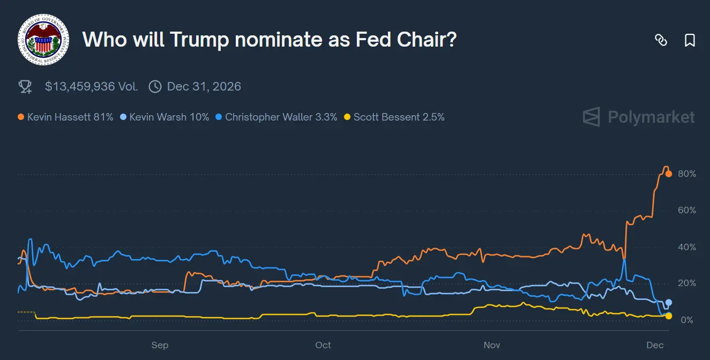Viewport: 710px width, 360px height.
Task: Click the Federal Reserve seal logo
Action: click(43, 39)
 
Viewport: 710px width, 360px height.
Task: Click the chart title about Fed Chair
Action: click(269, 40)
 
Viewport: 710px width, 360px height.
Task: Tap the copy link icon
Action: click(661, 40)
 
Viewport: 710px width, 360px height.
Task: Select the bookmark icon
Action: click(690, 40)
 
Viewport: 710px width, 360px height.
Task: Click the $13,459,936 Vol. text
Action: click(91, 86)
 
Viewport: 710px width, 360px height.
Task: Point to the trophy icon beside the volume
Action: click(25, 87)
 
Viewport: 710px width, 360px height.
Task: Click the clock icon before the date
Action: click(155, 86)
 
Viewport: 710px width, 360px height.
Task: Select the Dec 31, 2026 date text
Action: click(204, 86)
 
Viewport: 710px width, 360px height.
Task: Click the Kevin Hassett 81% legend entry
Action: click(65, 117)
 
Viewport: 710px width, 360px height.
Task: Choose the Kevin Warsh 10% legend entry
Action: click(165, 117)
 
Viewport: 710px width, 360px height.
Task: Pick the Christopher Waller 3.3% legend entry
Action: click(276, 117)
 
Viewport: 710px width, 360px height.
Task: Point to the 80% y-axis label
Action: click(686, 174)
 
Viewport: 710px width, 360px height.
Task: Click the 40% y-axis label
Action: click(686, 247)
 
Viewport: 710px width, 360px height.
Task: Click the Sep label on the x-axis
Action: click(160, 345)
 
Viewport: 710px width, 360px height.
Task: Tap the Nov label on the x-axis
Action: click(491, 345)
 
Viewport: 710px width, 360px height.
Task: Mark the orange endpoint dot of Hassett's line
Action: click(669, 174)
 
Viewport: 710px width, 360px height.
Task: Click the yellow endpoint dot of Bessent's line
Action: click(669, 316)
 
